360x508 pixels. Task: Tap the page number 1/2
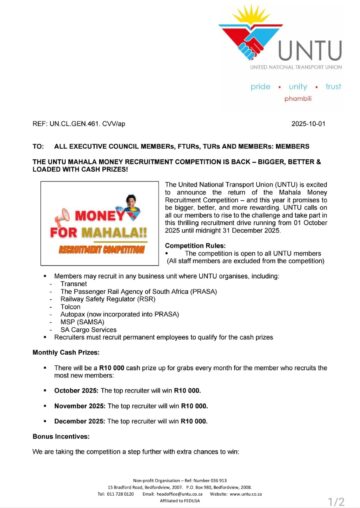(x=338, y=498)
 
